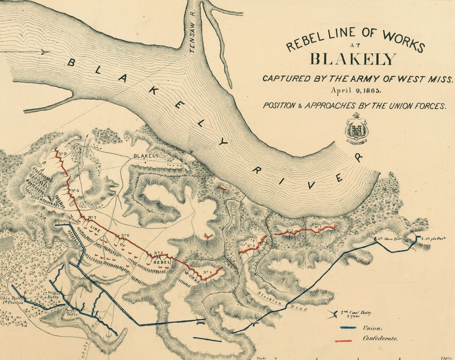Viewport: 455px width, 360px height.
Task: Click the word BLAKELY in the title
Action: tap(353, 59)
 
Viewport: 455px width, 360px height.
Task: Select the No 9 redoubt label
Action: tap(62, 154)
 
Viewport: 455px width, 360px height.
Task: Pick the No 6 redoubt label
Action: tap(125, 235)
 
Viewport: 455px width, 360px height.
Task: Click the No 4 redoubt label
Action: tap(208, 272)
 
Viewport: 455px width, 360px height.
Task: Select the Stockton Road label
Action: tap(282, 301)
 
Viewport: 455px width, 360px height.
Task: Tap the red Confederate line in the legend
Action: tap(344, 340)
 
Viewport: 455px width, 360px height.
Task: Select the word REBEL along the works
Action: tap(162, 262)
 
